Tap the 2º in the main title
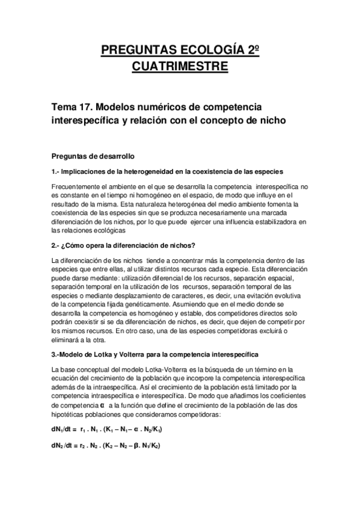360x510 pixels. tap(255, 49)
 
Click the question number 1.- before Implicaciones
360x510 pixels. tap(58, 172)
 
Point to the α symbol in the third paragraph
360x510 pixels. tap(109, 405)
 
